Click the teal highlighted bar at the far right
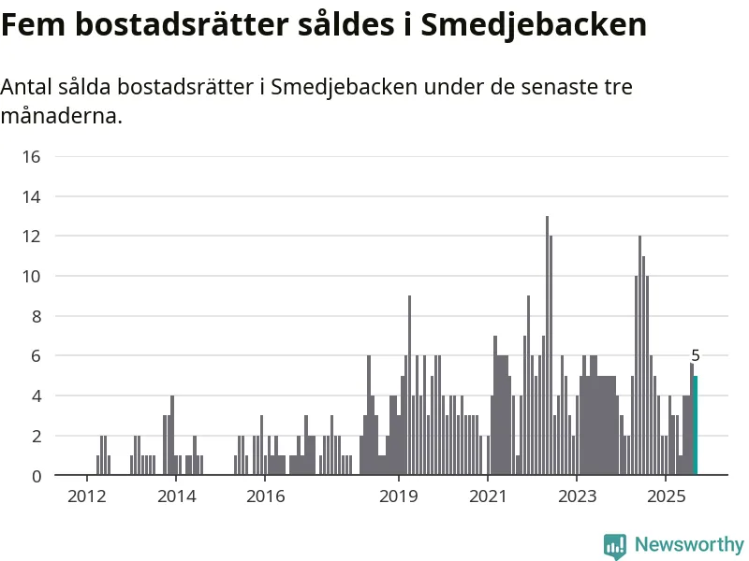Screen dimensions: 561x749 click(x=695, y=425)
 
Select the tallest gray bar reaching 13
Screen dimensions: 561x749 click(x=547, y=346)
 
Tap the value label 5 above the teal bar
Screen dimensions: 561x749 click(x=696, y=355)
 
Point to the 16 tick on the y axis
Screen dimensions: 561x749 click(x=31, y=156)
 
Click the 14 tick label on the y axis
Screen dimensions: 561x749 click(x=31, y=196)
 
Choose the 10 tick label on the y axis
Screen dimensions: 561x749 click(x=31, y=276)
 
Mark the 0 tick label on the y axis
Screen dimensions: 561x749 click(x=36, y=476)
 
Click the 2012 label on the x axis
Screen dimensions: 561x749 click(x=86, y=495)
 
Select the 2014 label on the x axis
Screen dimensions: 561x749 click(x=175, y=495)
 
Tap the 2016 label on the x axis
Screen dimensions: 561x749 click(x=264, y=495)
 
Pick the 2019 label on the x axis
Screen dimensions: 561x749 click(x=398, y=495)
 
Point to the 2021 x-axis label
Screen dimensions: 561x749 click(x=487, y=495)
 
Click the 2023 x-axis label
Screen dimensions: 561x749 click(x=576, y=495)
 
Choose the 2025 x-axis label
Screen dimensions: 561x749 click(x=665, y=495)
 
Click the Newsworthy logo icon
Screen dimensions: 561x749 click(x=614, y=545)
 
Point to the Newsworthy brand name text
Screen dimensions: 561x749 click(x=689, y=544)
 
